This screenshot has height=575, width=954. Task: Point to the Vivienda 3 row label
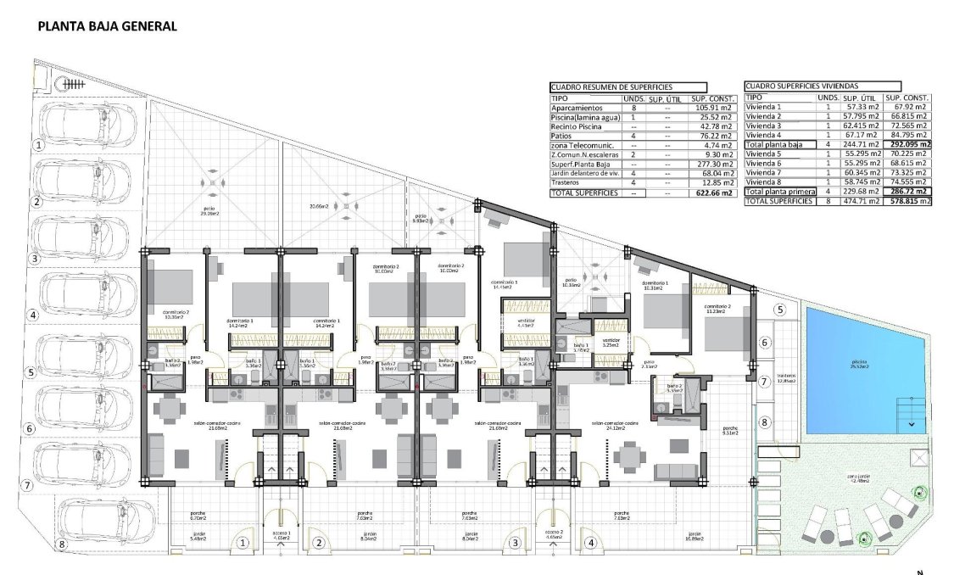762,126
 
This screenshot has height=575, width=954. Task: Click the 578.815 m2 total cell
908,201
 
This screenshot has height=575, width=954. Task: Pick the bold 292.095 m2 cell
908,145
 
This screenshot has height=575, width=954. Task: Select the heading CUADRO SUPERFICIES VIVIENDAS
801,87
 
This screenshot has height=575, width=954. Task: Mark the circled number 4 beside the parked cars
34,315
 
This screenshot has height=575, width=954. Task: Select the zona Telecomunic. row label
580,145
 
